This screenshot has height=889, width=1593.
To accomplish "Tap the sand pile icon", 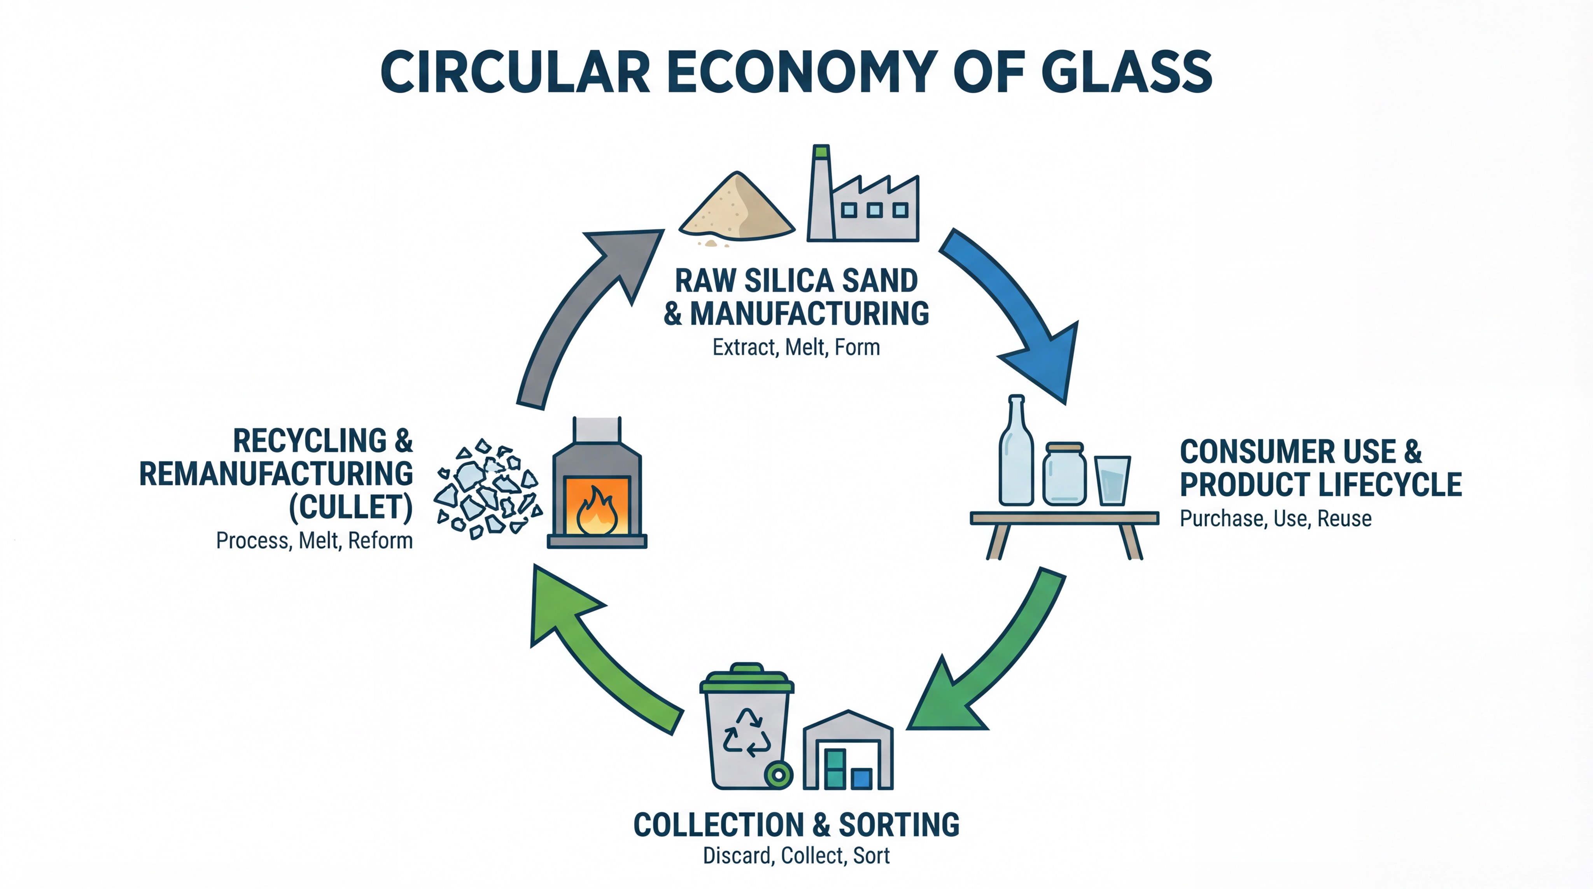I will [x=736, y=209].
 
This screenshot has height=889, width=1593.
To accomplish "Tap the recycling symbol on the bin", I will [x=747, y=733].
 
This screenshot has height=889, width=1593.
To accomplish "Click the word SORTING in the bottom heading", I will [x=898, y=825].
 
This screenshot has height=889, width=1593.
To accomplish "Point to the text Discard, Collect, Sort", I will [x=796, y=856].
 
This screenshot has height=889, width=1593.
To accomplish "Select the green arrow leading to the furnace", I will [x=593, y=655].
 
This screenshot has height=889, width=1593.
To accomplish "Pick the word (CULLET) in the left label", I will [x=351, y=507].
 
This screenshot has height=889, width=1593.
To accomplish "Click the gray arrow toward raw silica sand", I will [x=581, y=309].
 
